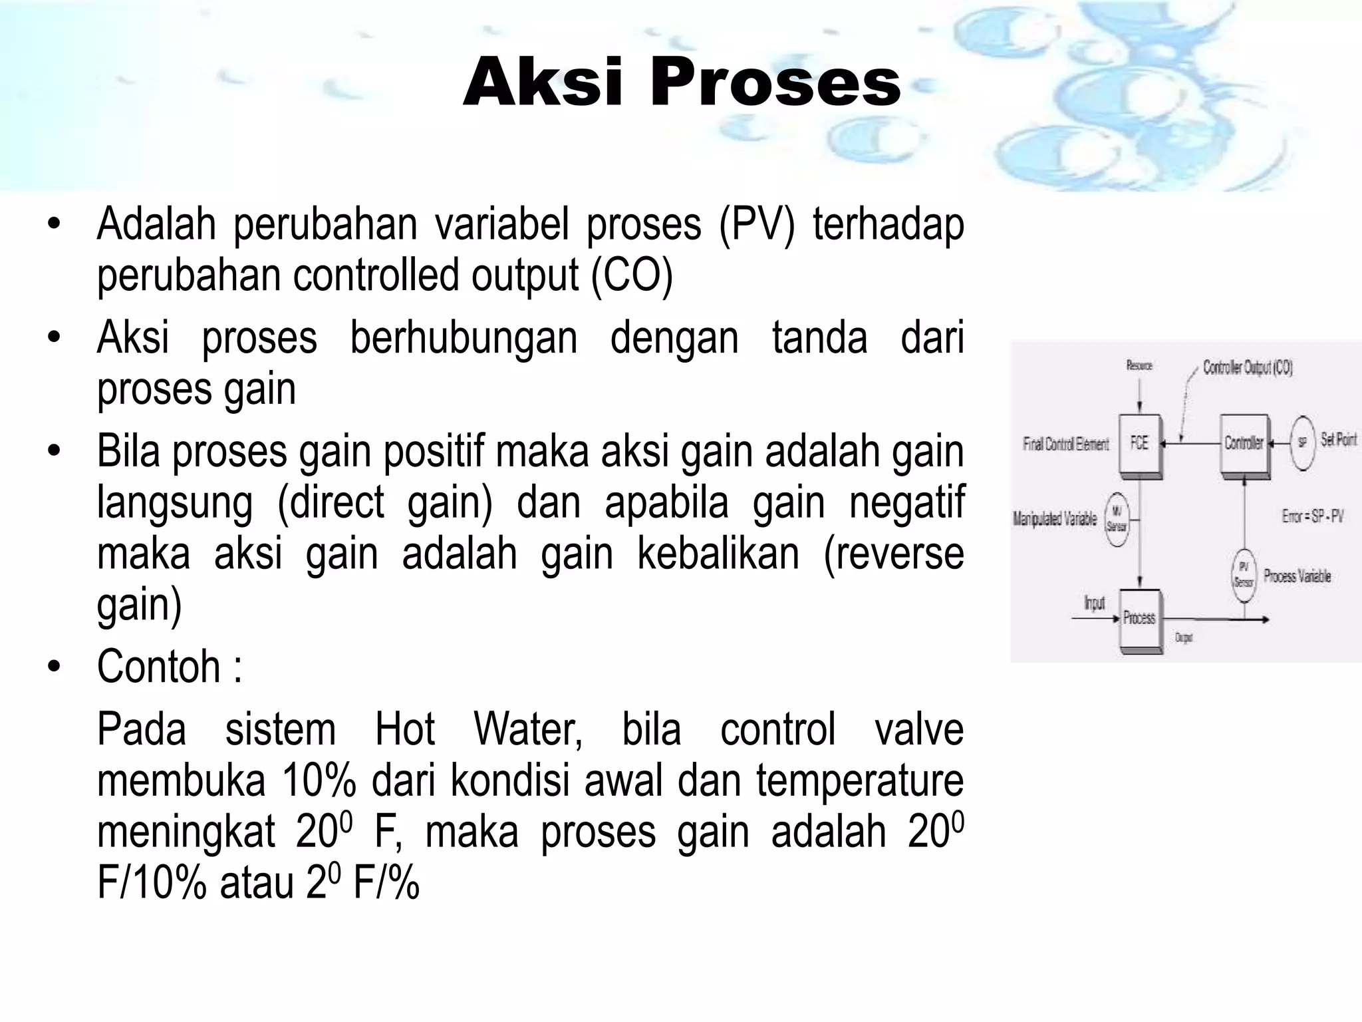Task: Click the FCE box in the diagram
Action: [x=1140, y=443]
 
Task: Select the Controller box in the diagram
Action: [x=1244, y=443]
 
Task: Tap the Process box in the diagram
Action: [x=1140, y=618]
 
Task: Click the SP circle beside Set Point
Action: [x=1301, y=442]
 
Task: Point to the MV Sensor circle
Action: [x=1117, y=519]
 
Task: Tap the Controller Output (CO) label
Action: [x=1248, y=368]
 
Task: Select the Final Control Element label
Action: [x=1066, y=444]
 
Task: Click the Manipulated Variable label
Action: [x=1055, y=519]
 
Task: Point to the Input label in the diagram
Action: [x=1094, y=603]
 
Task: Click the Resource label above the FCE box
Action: [x=1139, y=365]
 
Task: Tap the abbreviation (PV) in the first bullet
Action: [x=756, y=224]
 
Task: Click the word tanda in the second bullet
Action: [x=819, y=337]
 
